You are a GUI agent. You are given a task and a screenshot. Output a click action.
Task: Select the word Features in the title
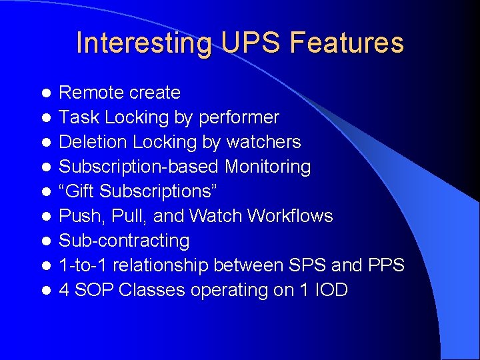coord(347,43)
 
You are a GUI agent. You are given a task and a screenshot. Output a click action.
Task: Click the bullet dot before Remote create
coord(45,93)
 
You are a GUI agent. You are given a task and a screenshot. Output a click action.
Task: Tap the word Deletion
coord(93,142)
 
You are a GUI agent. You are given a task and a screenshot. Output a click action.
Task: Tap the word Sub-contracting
coord(125,241)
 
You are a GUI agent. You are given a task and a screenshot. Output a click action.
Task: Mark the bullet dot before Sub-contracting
coord(45,241)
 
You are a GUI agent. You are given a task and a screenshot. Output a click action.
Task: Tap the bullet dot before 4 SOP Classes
coord(45,290)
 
